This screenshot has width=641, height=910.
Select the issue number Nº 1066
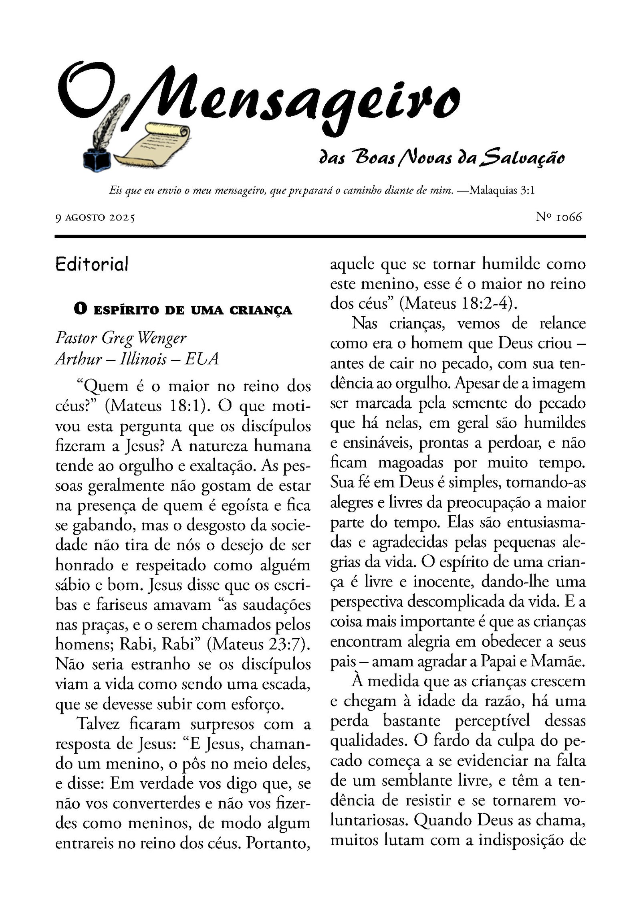coord(558,217)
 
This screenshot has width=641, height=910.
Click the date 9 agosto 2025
coord(95,218)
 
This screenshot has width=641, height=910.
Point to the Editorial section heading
coord(92,264)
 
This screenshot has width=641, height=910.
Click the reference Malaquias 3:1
coord(502,190)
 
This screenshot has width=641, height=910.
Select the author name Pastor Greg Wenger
coord(121,338)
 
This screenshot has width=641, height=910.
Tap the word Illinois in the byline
coord(143,358)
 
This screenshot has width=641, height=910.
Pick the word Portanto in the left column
coord(278,843)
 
